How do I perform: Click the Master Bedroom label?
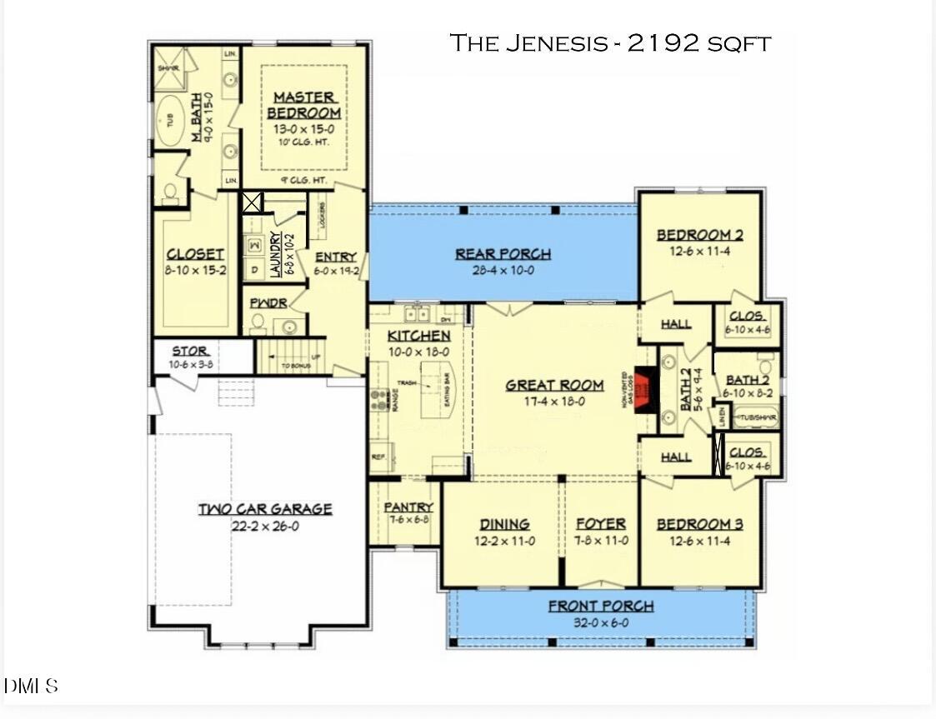tap(303, 105)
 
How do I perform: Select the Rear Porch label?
tap(503, 254)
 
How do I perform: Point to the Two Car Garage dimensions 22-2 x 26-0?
tap(264, 526)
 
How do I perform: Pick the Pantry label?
tap(408, 507)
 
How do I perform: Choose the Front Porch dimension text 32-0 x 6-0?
tap(600, 622)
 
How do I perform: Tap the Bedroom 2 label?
tap(699, 235)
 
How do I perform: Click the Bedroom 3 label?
tap(699, 524)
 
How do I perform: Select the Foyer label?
tap(600, 524)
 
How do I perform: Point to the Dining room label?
tap(504, 524)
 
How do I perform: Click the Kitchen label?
tap(419, 336)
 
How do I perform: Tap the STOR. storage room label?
tap(190, 351)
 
